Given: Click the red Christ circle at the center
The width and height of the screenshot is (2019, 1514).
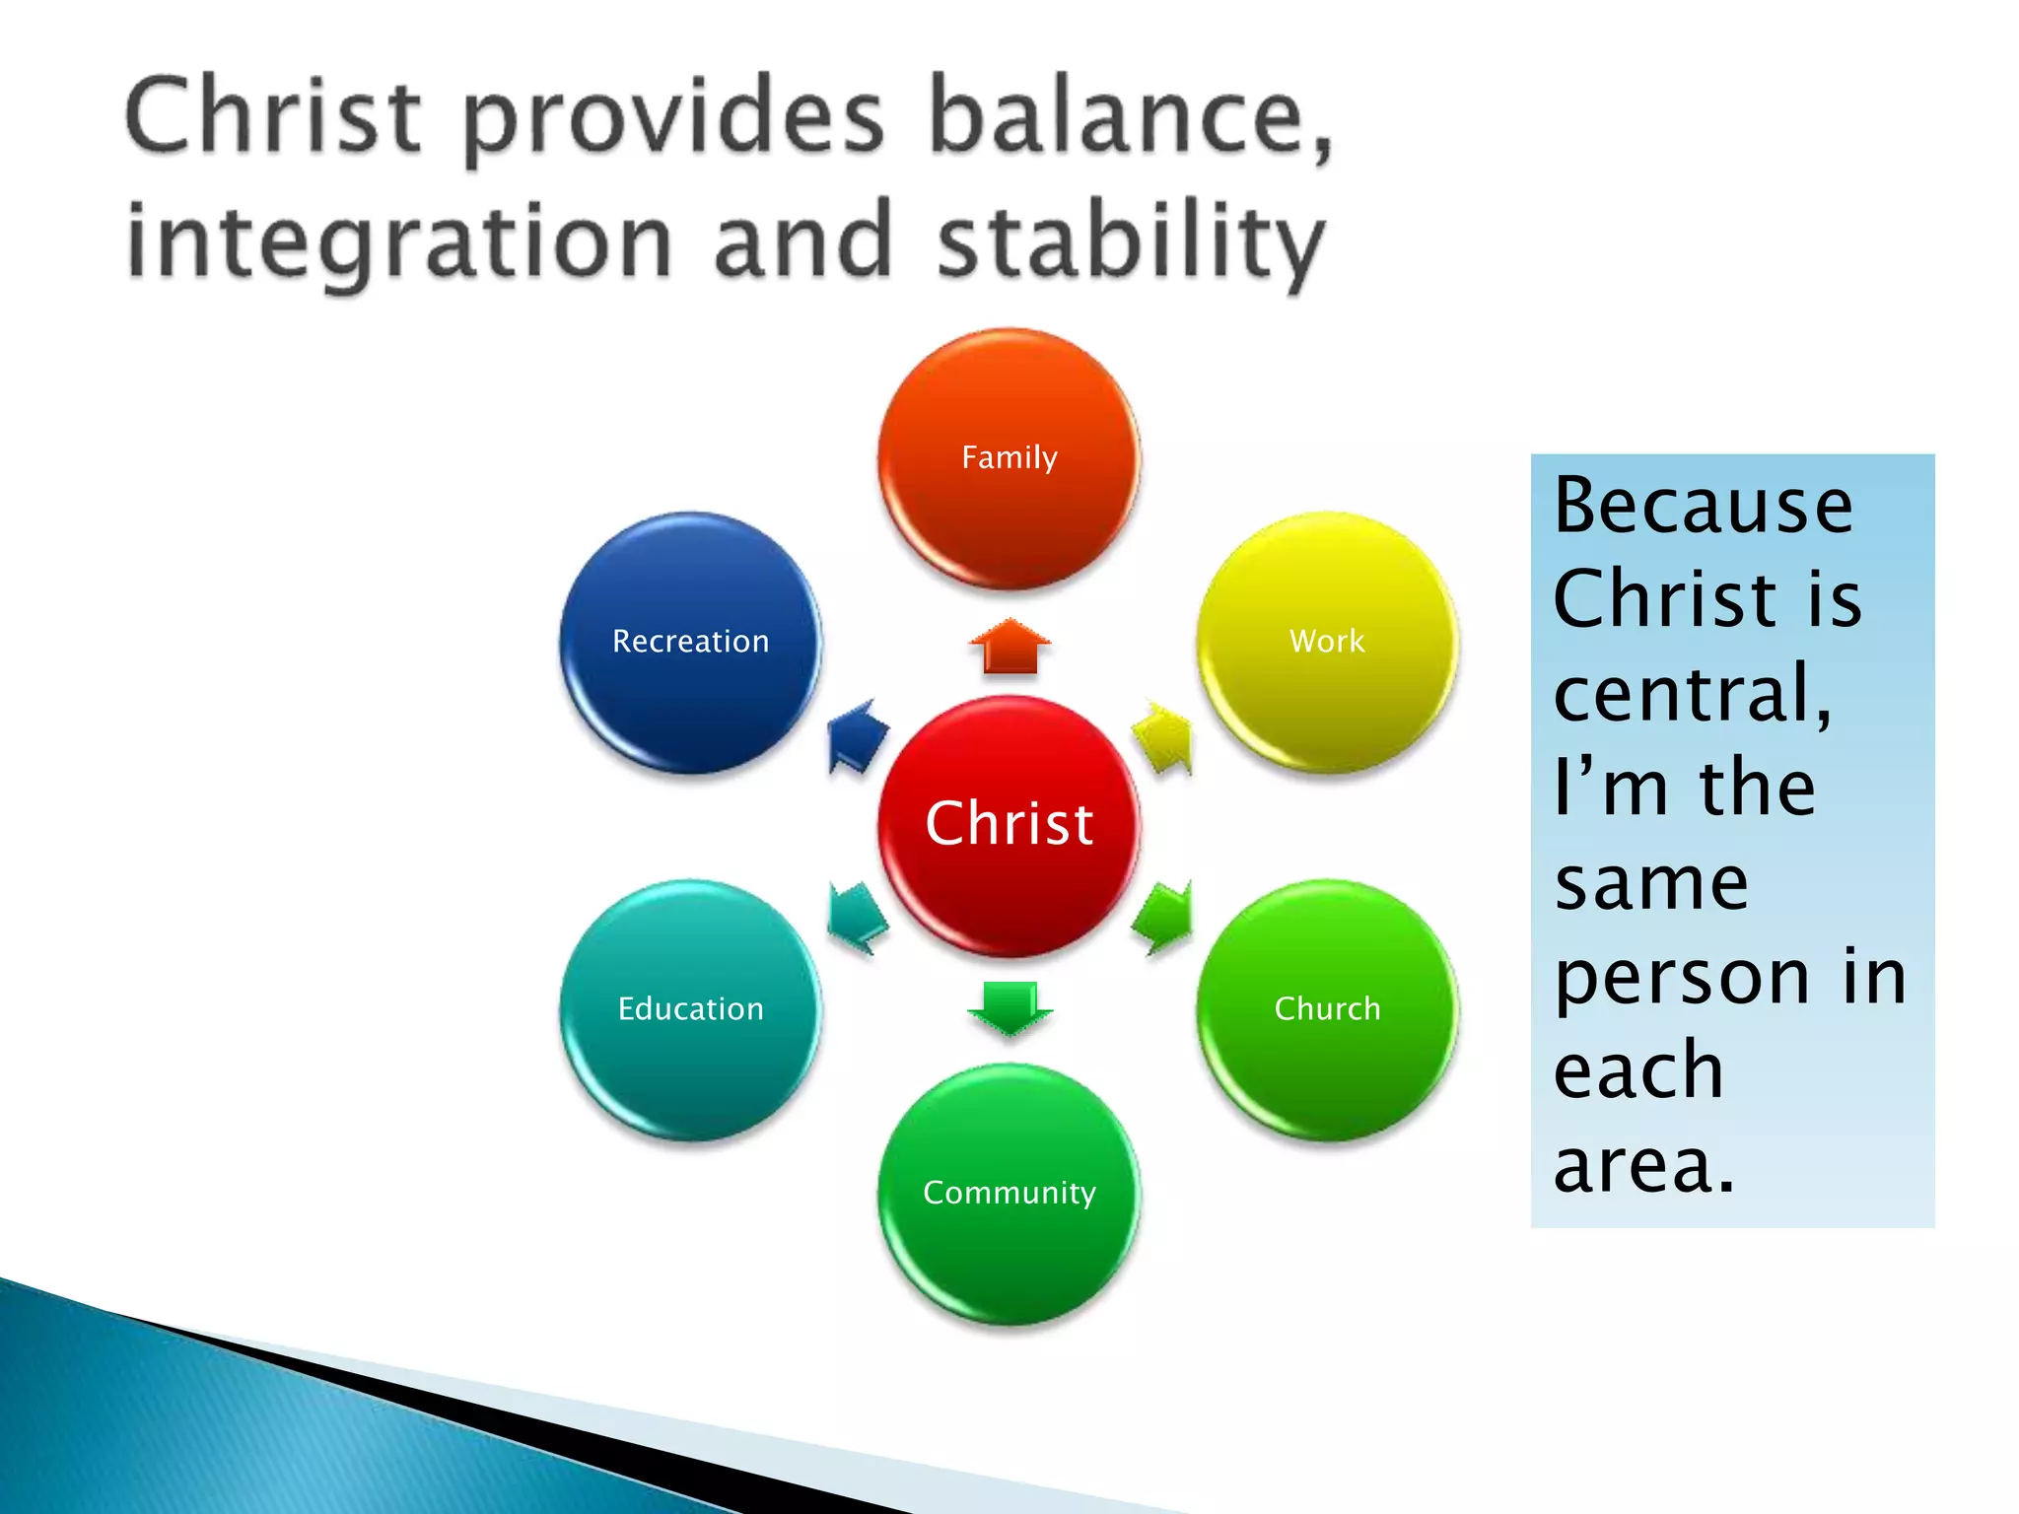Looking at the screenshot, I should [x=1009, y=825].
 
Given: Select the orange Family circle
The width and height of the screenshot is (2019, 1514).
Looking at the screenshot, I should [x=1009, y=458].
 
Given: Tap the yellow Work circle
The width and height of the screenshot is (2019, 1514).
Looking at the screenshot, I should [x=1327, y=642].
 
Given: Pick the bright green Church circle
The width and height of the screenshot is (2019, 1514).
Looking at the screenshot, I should [x=1327, y=1009].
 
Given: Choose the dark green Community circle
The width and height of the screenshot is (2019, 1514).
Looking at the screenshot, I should [x=1009, y=1193].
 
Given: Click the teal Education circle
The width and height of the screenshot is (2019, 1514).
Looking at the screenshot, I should [x=690, y=1009].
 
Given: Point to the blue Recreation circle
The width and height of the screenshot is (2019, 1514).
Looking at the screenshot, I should [x=690, y=642].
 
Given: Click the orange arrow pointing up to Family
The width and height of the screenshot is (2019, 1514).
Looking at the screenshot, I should [x=1009, y=648].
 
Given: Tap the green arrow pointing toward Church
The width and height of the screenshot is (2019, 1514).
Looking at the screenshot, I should [x=1164, y=917].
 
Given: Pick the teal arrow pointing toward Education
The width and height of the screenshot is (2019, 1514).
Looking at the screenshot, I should [x=856, y=917].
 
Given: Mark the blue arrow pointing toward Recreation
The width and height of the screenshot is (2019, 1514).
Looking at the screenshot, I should [x=855, y=736].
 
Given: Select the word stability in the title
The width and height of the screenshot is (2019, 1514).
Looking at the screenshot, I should [x=1130, y=242].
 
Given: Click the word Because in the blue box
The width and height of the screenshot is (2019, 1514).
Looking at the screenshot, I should [x=1703, y=506].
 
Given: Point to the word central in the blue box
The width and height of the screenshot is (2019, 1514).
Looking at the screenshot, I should [x=1692, y=693].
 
